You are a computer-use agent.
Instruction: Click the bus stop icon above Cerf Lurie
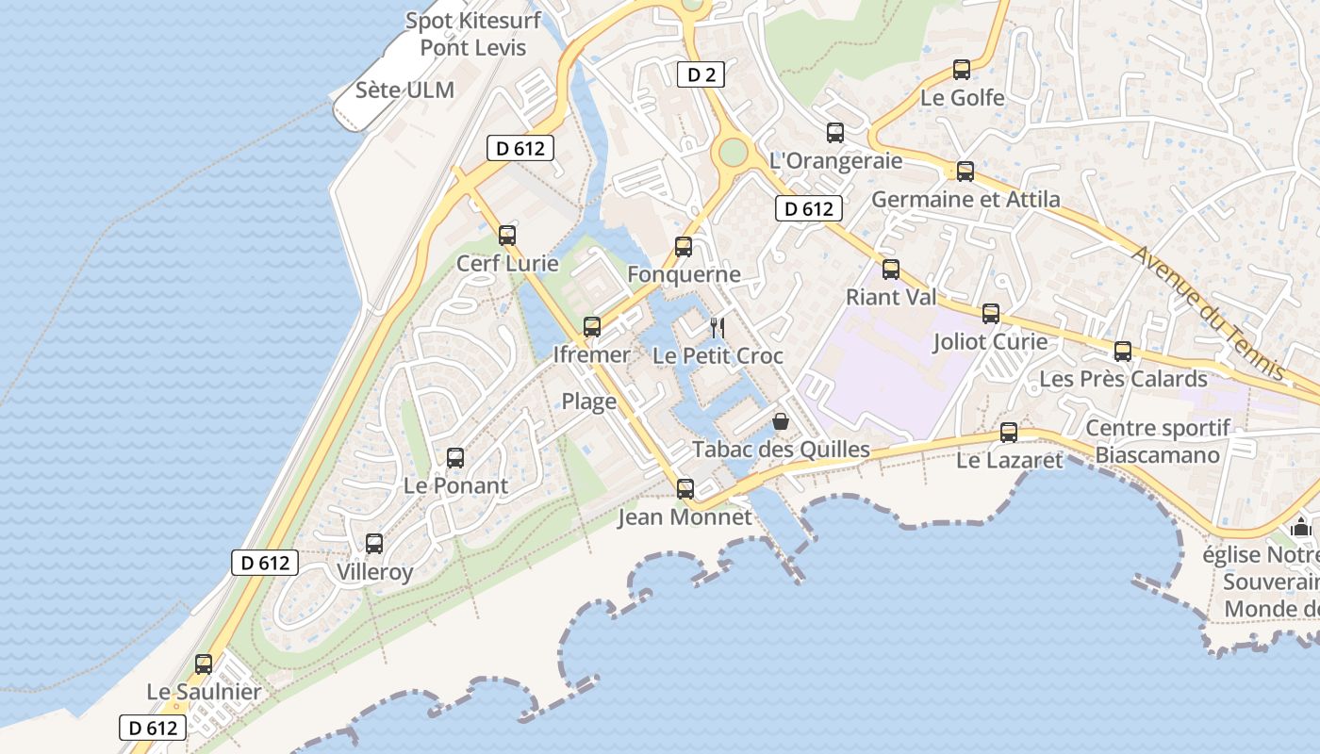[507, 235]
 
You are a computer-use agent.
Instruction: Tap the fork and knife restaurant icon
[718, 328]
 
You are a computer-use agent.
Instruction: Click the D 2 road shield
[701, 74]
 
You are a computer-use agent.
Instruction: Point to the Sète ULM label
[405, 90]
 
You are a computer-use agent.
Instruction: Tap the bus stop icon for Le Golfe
[962, 69]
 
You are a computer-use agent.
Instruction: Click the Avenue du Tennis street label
[1209, 313]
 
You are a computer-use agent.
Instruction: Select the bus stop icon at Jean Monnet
[685, 488]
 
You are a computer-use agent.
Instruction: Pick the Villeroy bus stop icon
[374, 543]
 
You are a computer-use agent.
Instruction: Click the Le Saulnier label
[204, 692]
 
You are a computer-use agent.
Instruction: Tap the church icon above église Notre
[1302, 526]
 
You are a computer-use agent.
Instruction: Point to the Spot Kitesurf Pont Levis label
[473, 34]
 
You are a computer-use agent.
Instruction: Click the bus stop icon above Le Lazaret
[1009, 433]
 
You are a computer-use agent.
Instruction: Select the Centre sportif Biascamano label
[1158, 442]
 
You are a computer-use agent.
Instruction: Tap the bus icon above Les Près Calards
[1123, 351]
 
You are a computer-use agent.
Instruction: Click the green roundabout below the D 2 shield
[733, 151]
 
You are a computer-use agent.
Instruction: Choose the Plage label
[589, 402]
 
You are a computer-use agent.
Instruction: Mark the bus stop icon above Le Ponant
[455, 458]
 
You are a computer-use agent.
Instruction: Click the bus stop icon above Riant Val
[891, 270]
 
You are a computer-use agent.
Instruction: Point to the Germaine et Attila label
[965, 200]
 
